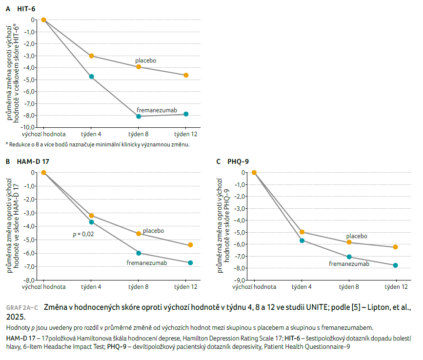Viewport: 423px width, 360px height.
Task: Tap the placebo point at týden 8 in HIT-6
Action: click(x=139, y=66)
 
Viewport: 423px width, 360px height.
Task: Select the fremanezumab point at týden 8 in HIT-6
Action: click(x=139, y=116)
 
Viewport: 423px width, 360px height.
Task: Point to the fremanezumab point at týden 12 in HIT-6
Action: click(x=186, y=114)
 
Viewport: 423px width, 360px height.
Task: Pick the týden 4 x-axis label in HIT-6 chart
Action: click(x=91, y=134)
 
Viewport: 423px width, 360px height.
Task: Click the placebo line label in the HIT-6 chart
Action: click(x=145, y=60)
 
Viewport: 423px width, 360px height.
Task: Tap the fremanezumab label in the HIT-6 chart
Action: click(x=157, y=110)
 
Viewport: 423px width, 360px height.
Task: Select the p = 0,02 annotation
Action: click(x=83, y=234)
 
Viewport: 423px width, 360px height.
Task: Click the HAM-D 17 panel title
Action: click(x=29, y=161)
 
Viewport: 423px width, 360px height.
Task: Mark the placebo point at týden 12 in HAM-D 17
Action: click(x=190, y=245)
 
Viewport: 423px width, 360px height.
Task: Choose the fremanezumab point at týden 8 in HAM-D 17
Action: click(x=139, y=253)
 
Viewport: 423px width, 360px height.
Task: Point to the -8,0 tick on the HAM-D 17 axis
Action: click(x=29, y=280)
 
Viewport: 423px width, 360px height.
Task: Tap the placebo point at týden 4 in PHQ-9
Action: click(x=302, y=232)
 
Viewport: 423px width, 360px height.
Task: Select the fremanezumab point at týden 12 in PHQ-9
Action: click(x=396, y=265)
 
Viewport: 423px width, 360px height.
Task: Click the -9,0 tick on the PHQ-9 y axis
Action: click(x=239, y=280)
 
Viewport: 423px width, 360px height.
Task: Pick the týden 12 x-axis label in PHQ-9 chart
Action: click(x=396, y=287)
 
